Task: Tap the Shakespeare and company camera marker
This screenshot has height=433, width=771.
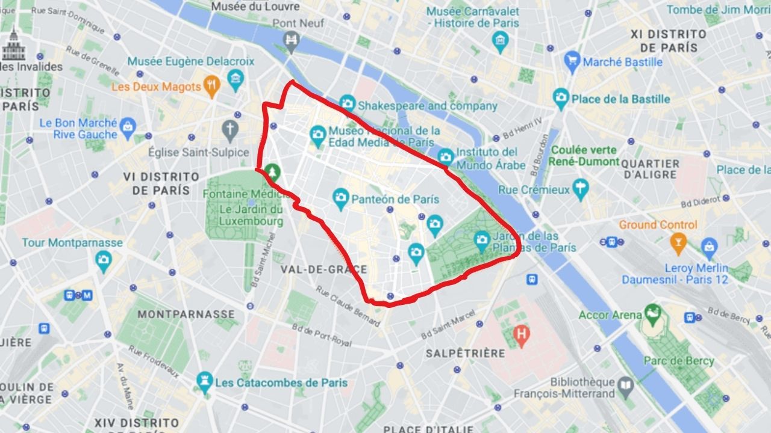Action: (346, 103)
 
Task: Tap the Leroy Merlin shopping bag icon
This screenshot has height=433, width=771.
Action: (709, 246)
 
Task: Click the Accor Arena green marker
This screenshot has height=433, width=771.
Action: (651, 312)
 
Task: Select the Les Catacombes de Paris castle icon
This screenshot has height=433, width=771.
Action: (205, 380)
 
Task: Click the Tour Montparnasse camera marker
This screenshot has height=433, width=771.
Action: (104, 259)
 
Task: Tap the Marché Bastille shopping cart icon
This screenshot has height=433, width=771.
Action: (572, 60)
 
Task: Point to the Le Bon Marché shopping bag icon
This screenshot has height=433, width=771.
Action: (128, 126)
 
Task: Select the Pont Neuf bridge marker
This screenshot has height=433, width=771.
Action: (292, 40)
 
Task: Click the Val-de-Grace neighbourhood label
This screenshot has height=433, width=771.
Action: (323, 269)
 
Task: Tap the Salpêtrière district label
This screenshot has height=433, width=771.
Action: (465, 353)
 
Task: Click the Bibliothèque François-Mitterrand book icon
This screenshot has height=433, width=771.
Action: (626, 385)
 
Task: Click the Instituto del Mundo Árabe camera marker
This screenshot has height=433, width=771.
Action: (446, 156)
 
